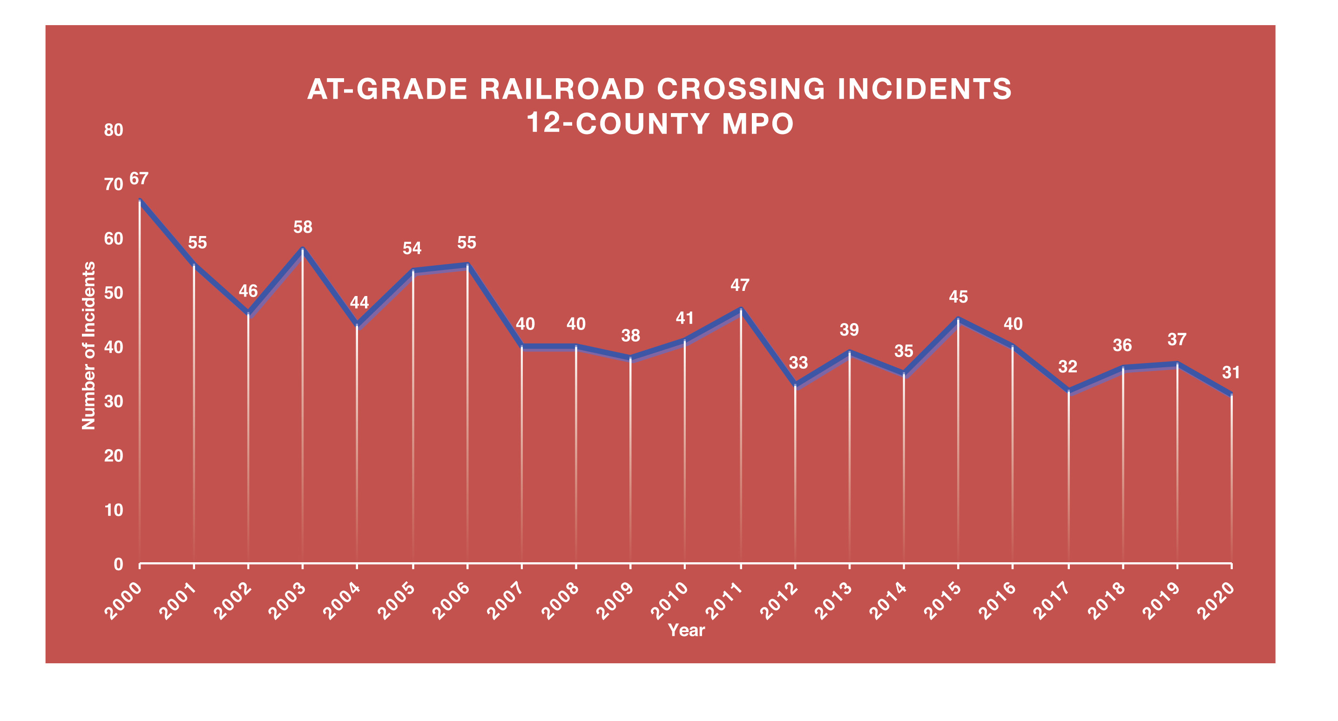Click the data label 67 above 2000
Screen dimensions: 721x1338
(x=139, y=179)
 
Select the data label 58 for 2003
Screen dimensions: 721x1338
(x=303, y=228)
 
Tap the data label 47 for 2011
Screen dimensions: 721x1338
(x=740, y=285)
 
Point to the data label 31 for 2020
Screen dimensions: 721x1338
(x=1230, y=372)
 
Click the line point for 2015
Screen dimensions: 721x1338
(x=958, y=319)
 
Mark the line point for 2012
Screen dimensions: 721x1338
(x=795, y=384)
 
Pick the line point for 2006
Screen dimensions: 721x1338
(x=467, y=265)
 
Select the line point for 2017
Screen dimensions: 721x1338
(x=1068, y=390)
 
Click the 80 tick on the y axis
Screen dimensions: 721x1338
(x=113, y=130)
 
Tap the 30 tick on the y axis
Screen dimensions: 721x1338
(x=113, y=402)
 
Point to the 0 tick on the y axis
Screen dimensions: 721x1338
(x=118, y=565)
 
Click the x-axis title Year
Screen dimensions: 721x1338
(x=686, y=631)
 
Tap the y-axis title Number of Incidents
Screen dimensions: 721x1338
(x=89, y=345)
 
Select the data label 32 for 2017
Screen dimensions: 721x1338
(x=1068, y=367)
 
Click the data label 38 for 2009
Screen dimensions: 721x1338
(x=630, y=336)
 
